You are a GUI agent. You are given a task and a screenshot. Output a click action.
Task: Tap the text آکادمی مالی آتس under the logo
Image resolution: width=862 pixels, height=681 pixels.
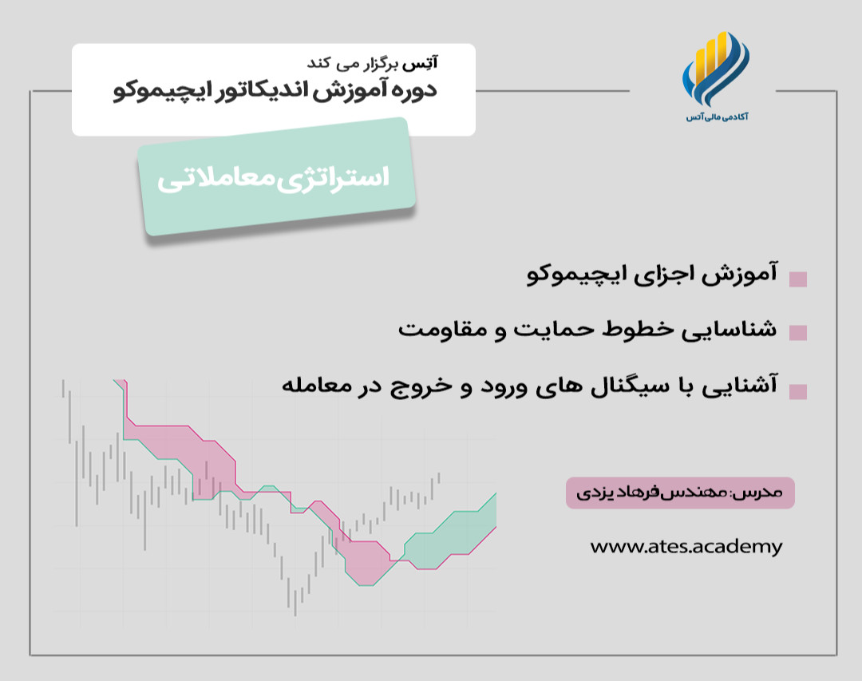(717, 117)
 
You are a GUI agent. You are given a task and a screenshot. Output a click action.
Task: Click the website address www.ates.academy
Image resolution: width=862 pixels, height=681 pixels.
(686, 547)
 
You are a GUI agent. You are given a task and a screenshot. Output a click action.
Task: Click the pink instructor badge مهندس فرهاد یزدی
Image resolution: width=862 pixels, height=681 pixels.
(680, 493)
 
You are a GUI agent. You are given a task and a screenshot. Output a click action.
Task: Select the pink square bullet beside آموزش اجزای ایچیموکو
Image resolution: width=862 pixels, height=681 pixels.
(797, 279)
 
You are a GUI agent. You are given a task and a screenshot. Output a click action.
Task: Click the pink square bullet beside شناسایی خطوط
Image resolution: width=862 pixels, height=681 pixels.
(797, 332)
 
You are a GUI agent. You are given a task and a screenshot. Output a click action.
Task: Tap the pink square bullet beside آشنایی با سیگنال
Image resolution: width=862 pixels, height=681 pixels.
(797, 391)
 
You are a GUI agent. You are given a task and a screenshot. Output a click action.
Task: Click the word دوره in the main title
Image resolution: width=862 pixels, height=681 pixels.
(414, 90)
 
